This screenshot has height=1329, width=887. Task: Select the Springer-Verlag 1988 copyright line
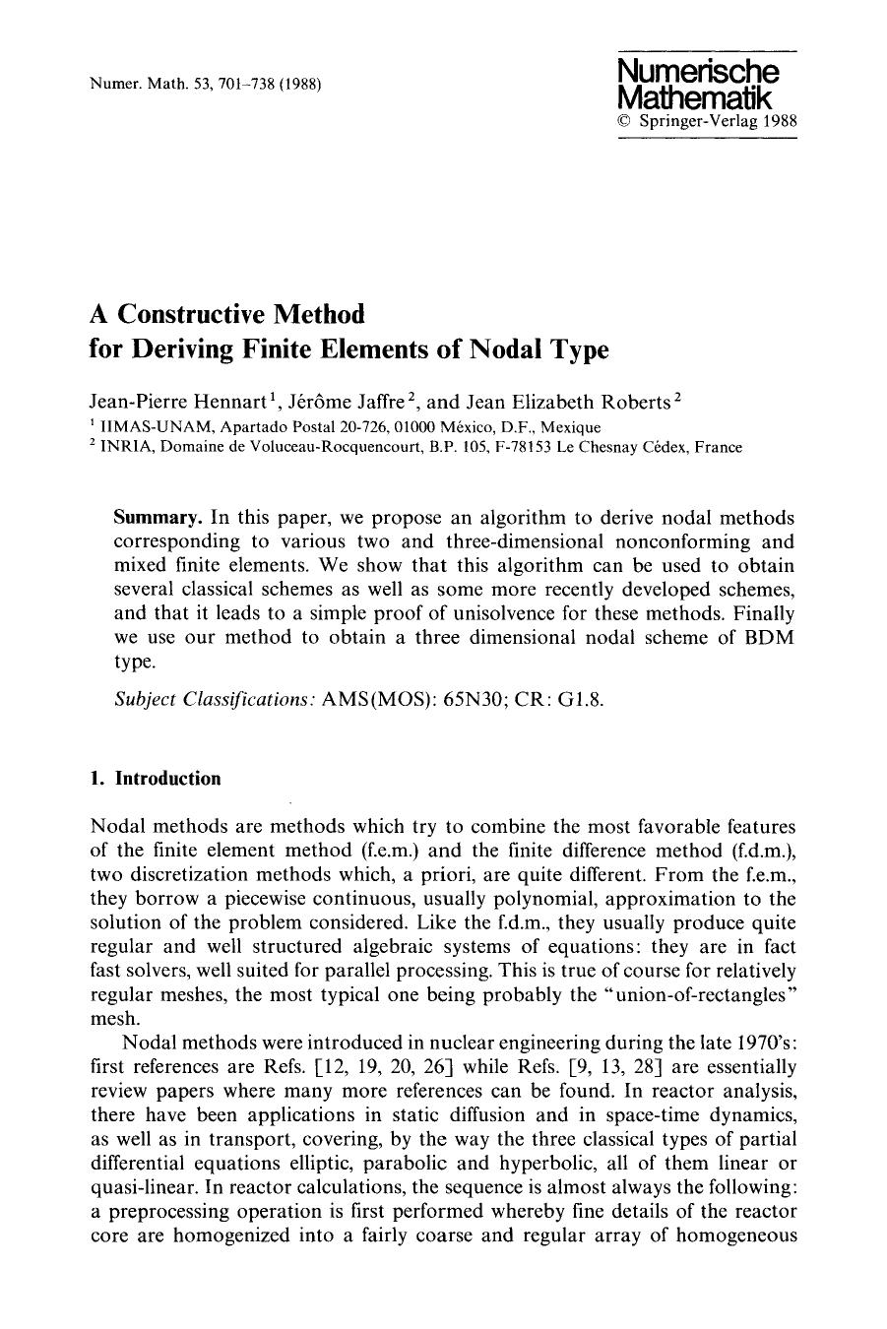click(706, 122)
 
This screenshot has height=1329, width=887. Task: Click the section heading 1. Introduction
click(155, 779)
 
